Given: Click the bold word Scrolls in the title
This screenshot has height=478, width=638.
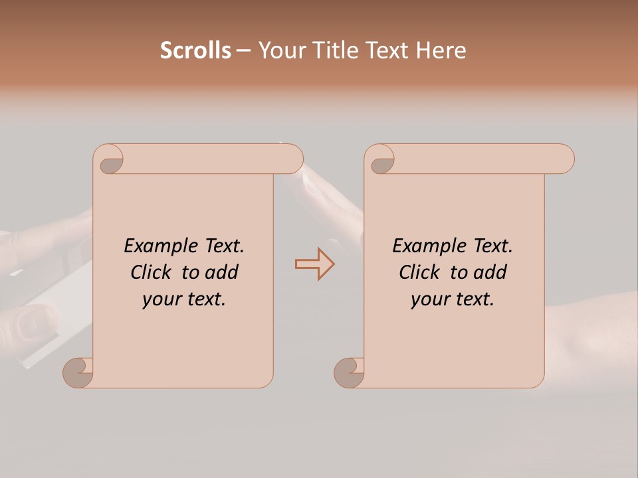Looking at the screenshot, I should pyautogui.click(x=195, y=50).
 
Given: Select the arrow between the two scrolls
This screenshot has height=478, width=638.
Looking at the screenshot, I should pyautogui.click(x=314, y=264).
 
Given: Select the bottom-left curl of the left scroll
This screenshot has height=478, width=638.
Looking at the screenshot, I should pyautogui.click(x=78, y=372).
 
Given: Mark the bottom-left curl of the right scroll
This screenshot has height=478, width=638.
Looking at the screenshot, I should pyautogui.click(x=348, y=372).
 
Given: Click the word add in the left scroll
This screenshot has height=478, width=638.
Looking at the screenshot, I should pyautogui.click(x=223, y=272).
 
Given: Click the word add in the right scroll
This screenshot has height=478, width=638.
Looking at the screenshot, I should pyautogui.click(x=491, y=272).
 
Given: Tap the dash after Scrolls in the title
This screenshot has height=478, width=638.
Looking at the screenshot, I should pyautogui.click(x=244, y=50).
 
